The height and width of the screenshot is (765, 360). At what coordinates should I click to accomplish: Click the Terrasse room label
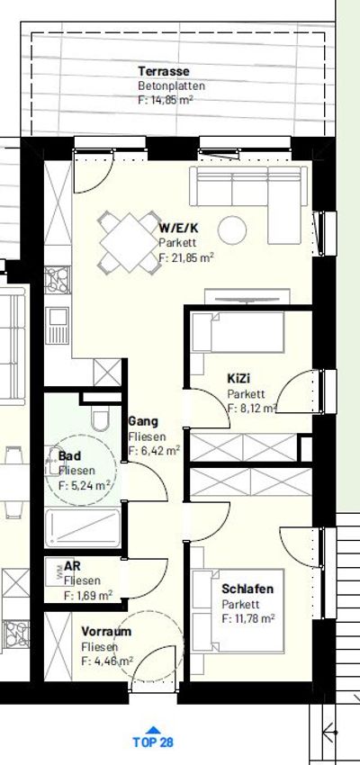click(164, 71)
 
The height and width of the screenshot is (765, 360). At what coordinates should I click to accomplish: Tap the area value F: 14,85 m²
click(166, 100)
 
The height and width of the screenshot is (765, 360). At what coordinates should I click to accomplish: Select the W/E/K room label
click(178, 229)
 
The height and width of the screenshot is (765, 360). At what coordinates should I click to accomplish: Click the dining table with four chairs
click(130, 242)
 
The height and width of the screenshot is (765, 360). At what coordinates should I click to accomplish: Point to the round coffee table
click(232, 229)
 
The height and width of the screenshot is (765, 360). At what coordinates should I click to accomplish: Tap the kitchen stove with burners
click(58, 280)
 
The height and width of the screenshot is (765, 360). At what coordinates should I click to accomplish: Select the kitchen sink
click(58, 326)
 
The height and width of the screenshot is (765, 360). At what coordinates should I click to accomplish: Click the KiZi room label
click(238, 379)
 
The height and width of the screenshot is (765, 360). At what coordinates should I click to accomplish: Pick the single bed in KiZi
click(238, 332)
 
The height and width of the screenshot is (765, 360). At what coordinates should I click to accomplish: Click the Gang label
click(143, 421)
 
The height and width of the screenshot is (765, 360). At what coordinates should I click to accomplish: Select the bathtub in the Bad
click(83, 528)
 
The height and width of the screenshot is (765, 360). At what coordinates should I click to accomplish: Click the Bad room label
click(70, 456)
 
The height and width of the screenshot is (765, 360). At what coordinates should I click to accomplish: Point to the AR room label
click(72, 566)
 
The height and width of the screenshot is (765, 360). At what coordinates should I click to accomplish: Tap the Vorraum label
click(106, 632)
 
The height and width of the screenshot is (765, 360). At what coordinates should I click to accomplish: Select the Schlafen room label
click(247, 589)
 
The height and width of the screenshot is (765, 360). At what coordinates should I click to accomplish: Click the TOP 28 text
click(153, 742)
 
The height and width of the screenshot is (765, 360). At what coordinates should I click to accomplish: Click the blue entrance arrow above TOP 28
click(153, 730)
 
